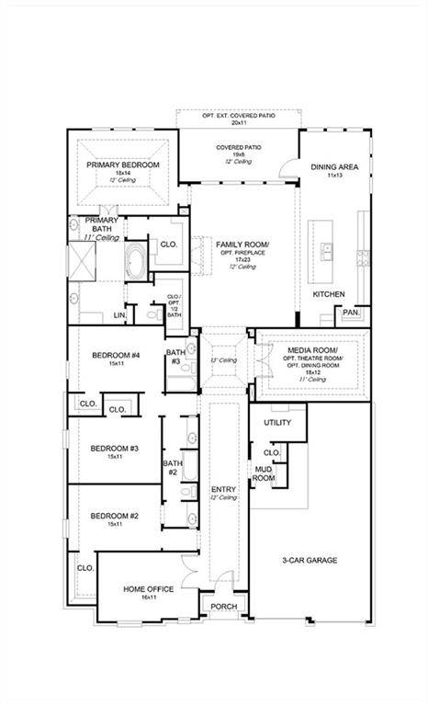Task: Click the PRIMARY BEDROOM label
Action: coord(123,165)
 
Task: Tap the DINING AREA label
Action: coord(332,167)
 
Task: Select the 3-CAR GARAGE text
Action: coord(310,560)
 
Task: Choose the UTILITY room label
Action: coord(276,423)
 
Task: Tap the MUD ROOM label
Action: coord(264,473)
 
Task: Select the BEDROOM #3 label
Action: coord(114,448)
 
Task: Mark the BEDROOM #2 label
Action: coord(114,516)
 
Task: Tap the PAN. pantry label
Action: coord(351,313)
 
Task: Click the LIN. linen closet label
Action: coord(119,315)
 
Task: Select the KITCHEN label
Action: coord(329,294)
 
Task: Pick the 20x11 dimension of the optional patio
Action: coord(240,122)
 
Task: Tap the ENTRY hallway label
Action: coord(223,489)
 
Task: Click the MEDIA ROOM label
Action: coord(313,351)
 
